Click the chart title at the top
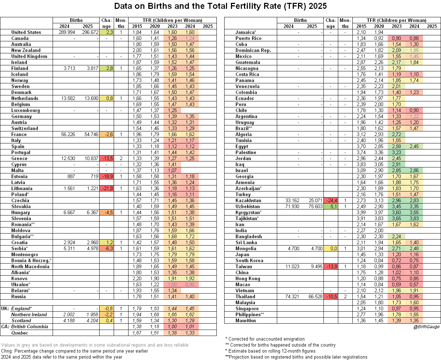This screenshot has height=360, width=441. coord(220,6)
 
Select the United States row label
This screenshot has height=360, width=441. coord(26,32)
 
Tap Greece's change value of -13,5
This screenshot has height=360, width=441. coord(106,158)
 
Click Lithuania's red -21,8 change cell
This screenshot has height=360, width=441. coord(106,188)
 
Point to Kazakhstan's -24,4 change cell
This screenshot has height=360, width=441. coord(330,200)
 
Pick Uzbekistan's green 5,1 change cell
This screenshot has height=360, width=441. coord(330,206)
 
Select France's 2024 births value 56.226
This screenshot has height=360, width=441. coord(68,134)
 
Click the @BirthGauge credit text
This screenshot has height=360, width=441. coord(427,327)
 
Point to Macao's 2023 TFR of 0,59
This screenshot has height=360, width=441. coord(397,284)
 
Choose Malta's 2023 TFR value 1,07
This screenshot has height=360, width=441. coord(172,170)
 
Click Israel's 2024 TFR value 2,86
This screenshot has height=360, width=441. coord(414,170)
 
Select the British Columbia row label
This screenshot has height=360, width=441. coord(30,326)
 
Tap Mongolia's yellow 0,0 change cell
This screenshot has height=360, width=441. coord(330,248)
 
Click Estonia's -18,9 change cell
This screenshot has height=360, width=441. coord(106,176)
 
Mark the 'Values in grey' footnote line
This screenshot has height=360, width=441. coord(95,345)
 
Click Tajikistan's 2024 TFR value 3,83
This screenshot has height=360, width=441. coord(414,218)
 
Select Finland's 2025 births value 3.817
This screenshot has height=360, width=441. coord(91,68)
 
